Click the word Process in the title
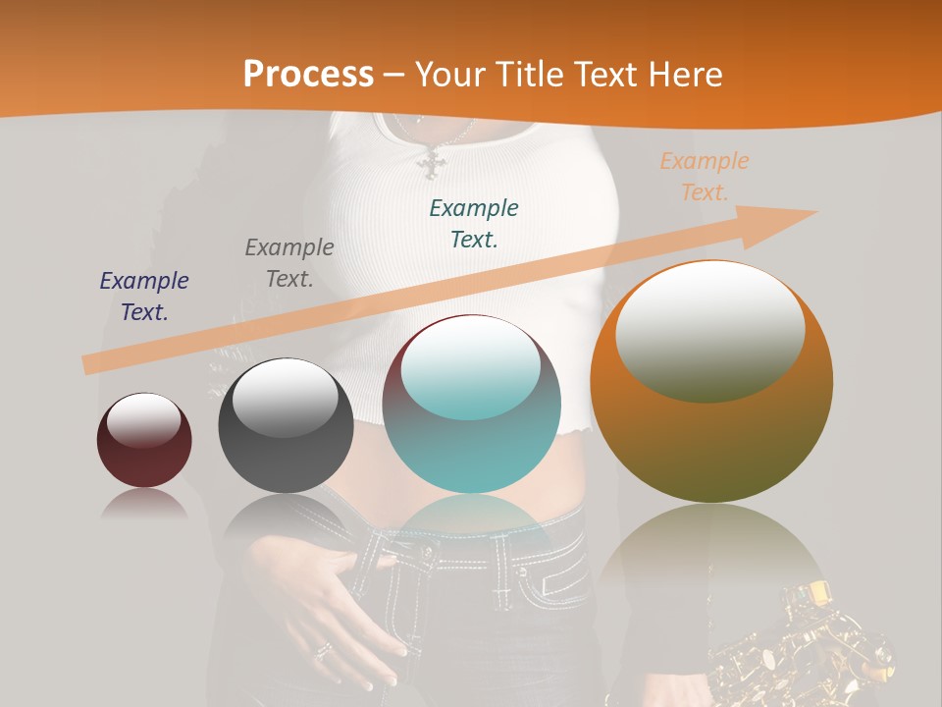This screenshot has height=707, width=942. pyautogui.click(x=308, y=75)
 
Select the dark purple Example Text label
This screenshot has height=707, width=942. pyautogui.click(x=144, y=297)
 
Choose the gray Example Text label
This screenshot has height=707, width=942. pyautogui.click(x=289, y=262)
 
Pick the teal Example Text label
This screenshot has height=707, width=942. pyautogui.click(x=474, y=223)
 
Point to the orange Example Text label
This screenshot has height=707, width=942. pyautogui.click(x=705, y=177)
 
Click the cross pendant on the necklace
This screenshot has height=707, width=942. pyautogui.click(x=431, y=164)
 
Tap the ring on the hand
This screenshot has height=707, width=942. pyautogui.click(x=323, y=649)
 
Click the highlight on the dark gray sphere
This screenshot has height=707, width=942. pyautogui.click(x=285, y=398)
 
